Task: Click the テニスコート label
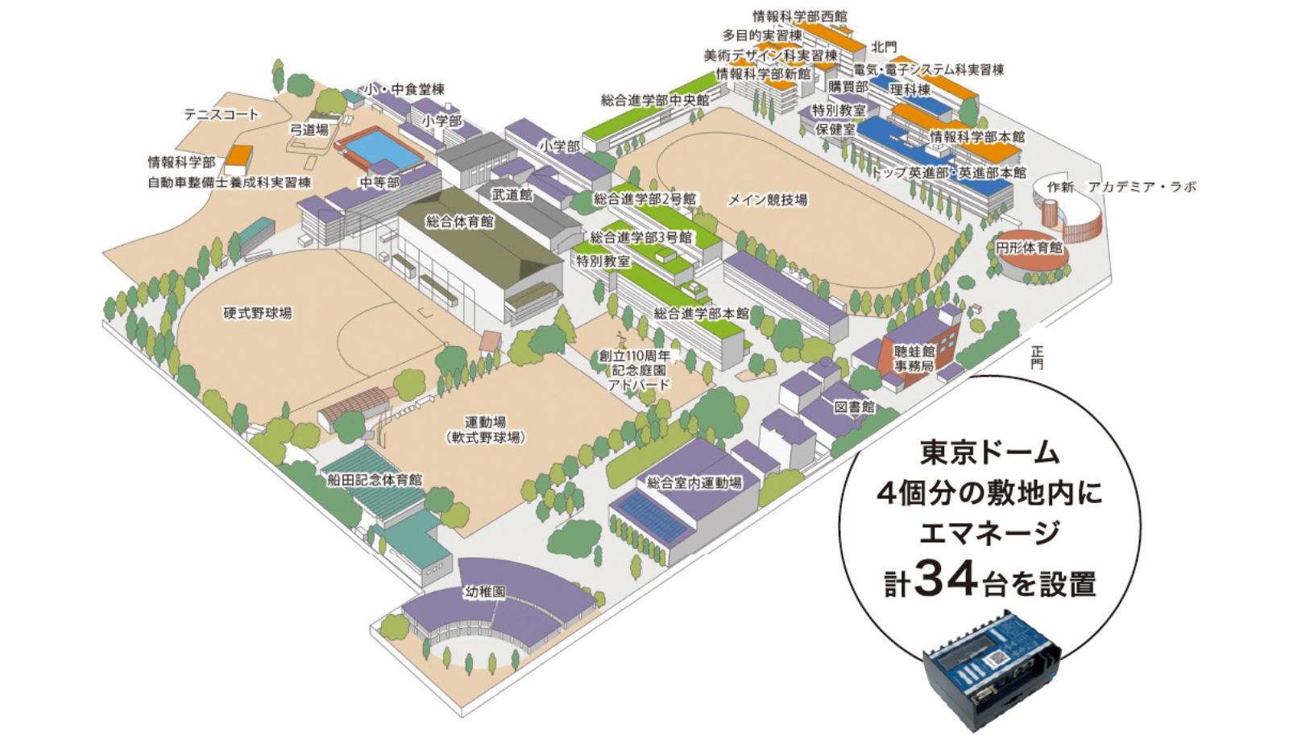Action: (221, 114)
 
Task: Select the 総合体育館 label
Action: (459, 221)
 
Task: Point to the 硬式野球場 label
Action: (258, 313)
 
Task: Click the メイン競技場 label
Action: (767, 200)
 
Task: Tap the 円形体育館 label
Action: (1029, 247)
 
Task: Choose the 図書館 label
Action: (854, 407)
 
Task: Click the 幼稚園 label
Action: (485, 592)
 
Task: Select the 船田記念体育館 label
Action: (375, 480)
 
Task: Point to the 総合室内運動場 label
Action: (694, 483)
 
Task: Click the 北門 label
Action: (883, 47)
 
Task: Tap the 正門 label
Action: (1037, 357)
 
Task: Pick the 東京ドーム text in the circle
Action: (989, 453)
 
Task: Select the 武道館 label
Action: (512, 195)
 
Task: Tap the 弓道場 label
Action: (309, 129)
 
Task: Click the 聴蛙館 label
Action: (914, 351)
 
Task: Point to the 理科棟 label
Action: (910, 89)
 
